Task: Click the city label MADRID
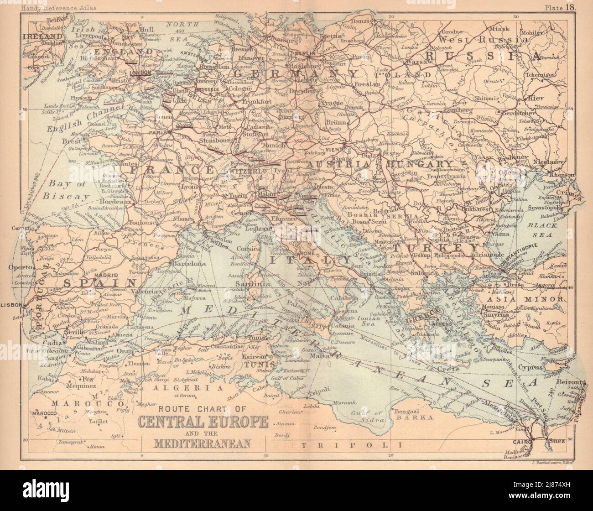click(106, 276)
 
